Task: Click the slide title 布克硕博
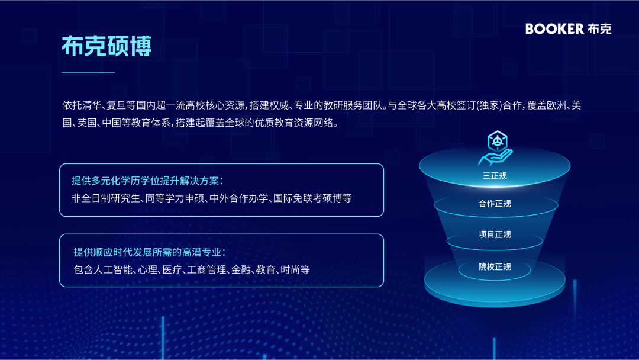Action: (x=106, y=46)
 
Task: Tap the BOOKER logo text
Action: (x=554, y=28)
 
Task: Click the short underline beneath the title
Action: (x=88, y=73)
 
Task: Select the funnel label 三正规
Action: (x=495, y=175)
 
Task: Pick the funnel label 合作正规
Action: (x=495, y=204)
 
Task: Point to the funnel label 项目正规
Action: (x=495, y=234)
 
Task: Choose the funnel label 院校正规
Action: (x=495, y=267)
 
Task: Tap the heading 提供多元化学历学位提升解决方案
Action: (x=147, y=181)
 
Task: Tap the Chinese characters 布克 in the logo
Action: (x=600, y=28)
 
